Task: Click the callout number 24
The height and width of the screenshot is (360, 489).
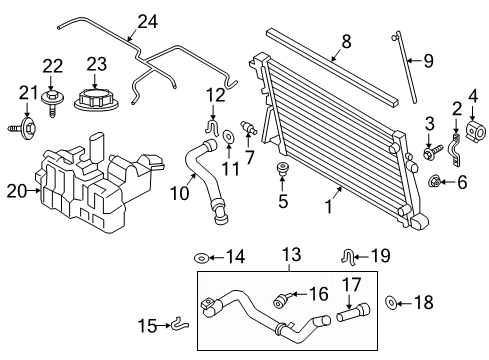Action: pos(147,21)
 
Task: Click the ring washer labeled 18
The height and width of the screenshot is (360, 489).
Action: pos(389,303)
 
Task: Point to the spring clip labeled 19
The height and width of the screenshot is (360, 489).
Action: pos(348,257)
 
